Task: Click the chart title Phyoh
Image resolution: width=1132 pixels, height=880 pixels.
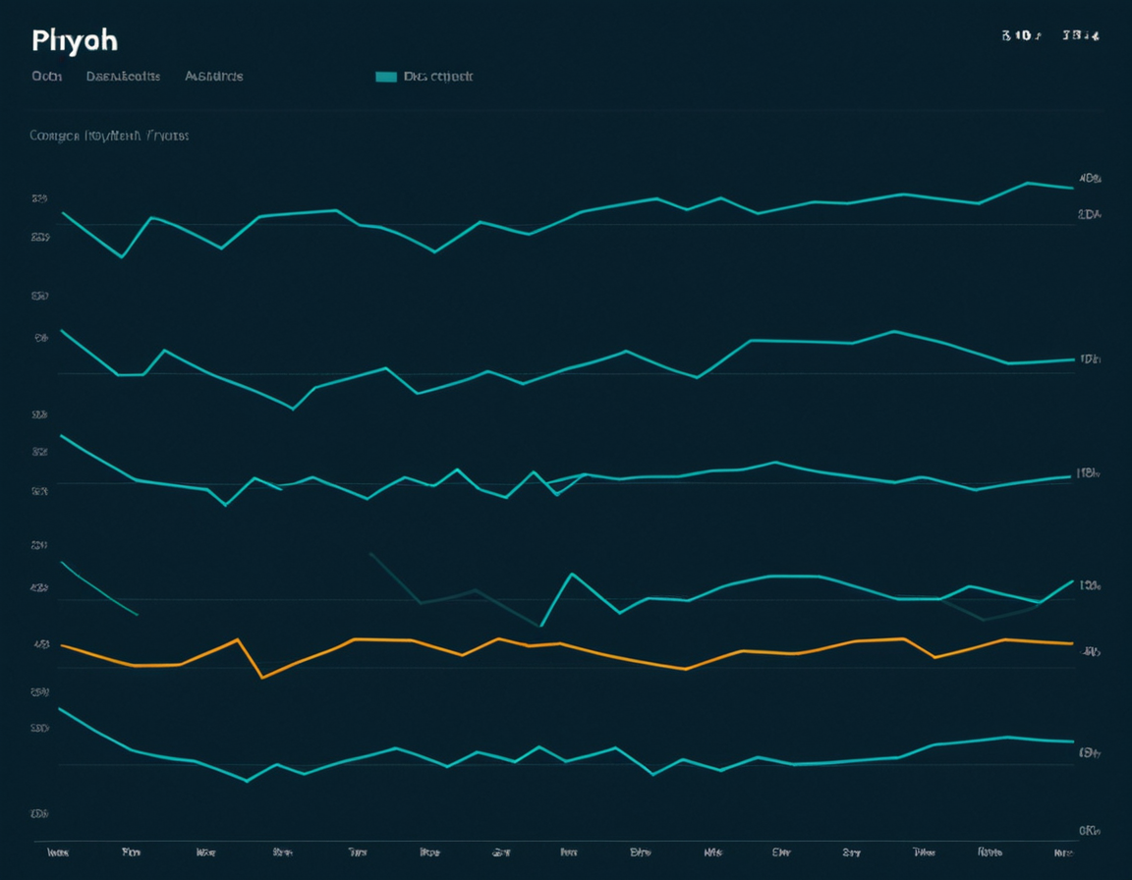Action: pos(74,40)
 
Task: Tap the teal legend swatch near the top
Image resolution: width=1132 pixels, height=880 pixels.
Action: pos(386,77)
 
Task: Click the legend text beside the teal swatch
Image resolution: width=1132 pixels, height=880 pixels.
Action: pos(438,77)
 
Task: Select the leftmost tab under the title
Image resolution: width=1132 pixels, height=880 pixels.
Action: pos(46,76)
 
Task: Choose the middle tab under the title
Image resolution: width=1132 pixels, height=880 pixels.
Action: pos(123,76)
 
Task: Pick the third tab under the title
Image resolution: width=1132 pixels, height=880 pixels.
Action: pos(213,76)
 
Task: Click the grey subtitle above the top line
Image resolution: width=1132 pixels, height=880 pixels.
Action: pos(109,136)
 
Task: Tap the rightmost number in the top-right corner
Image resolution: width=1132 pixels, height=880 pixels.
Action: pos(1080,36)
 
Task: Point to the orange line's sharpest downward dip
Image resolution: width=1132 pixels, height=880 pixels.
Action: pos(261,677)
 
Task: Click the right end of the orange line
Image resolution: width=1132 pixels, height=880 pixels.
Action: pos(1071,643)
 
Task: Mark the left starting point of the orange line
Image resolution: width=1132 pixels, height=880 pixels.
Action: pos(62,645)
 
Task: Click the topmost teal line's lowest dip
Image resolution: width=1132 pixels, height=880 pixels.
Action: pos(122,257)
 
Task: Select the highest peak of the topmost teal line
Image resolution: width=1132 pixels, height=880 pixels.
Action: pos(1027,183)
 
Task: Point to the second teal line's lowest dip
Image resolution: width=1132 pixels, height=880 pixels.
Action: pos(293,409)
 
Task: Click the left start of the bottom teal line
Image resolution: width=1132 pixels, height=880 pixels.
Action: pos(61,708)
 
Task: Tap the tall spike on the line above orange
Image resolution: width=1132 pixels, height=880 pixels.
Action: pos(571,574)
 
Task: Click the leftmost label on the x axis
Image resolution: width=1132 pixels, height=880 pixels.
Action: pos(58,852)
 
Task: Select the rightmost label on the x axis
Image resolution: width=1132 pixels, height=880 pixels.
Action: pos(1062,852)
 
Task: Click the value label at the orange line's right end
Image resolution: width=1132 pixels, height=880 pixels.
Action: pos(1091,650)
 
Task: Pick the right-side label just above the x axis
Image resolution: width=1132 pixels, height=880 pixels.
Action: pos(1089,830)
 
